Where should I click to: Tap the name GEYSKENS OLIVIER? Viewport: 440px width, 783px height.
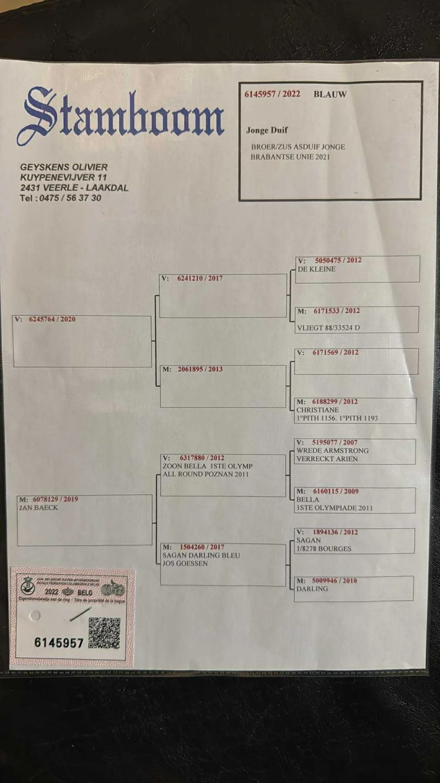click(x=64, y=167)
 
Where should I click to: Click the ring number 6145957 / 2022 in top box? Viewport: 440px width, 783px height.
click(x=272, y=94)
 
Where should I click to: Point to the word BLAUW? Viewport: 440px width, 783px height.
click(x=330, y=94)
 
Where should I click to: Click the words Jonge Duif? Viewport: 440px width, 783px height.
click(x=267, y=130)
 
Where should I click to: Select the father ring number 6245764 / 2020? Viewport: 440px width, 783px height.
click(x=52, y=319)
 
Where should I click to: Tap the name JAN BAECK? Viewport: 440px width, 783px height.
click(x=39, y=508)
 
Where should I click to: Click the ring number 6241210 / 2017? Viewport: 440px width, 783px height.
click(x=199, y=278)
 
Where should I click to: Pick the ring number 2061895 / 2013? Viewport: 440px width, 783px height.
click(x=200, y=369)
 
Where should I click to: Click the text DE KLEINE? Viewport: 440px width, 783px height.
click(x=316, y=269)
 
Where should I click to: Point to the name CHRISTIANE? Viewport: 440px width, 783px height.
click(x=318, y=410)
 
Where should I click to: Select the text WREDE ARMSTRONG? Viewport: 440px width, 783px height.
click(x=332, y=451)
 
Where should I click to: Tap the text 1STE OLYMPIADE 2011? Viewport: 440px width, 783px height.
click(x=334, y=508)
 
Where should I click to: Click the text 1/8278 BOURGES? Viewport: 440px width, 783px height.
click(x=324, y=549)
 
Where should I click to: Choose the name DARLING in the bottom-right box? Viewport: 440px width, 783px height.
click(x=312, y=589)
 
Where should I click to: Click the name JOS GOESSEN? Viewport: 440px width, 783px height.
click(x=185, y=563)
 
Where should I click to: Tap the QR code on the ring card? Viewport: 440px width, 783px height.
click(x=104, y=633)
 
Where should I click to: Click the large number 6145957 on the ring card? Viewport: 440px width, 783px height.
click(x=59, y=643)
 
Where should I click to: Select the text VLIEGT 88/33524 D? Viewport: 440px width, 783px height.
click(x=328, y=328)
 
